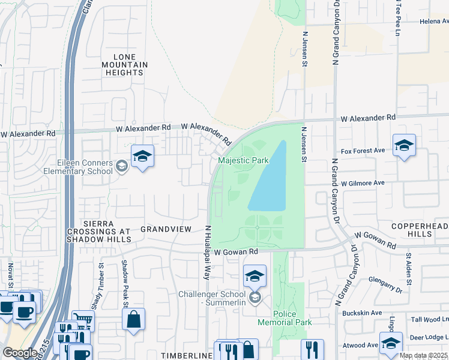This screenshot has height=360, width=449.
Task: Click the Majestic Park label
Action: point(243,161)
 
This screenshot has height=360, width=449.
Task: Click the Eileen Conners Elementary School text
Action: point(77,166)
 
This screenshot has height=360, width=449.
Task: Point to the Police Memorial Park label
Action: point(293,318)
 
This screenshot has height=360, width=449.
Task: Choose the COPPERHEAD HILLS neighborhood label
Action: point(421,229)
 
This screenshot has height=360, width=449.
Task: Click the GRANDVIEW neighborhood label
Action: point(166,229)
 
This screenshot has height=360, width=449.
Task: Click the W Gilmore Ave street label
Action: point(362,182)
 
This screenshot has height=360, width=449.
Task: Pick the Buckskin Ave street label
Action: point(362,313)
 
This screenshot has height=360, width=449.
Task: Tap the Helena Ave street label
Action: point(434,21)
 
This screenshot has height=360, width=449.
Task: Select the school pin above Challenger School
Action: point(255,276)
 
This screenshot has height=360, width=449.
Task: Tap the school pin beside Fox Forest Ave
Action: point(405,145)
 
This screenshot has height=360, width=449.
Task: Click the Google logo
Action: point(20,353)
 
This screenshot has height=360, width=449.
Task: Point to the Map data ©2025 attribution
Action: point(423,355)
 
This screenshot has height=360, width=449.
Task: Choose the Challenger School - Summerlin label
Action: point(213,298)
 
